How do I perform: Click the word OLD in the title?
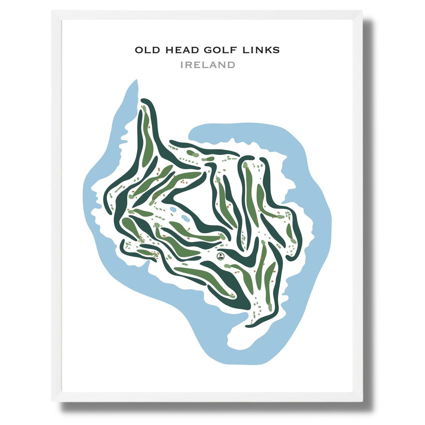click(x=147, y=50)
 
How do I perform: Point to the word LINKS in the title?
click(x=261, y=50)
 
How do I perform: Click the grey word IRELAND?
click(x=208, y=65)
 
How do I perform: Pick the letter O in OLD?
click(x=139, y=50)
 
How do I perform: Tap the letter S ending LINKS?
click(x=276, y=50)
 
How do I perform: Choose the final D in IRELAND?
click(x=231, y=65)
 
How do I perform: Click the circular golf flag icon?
click(x=220, y=256)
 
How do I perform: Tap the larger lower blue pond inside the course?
click(x=185, y=218)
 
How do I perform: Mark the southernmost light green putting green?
click(x=270, y=308)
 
